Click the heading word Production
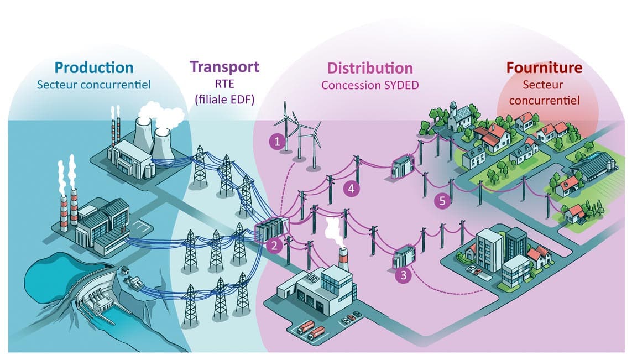click(94, 68)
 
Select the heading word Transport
click(224, 67)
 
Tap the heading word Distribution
click(370, 68)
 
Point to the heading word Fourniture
click(545, 68)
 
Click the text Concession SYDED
click(370, 85)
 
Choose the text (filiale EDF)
click(224, 100)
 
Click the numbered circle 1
click(277, 142)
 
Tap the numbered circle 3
click(404, 275)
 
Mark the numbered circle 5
click(441, 201)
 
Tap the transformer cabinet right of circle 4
click(401, 166)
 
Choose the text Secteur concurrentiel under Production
click(94, 85)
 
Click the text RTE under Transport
click(224, 85)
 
